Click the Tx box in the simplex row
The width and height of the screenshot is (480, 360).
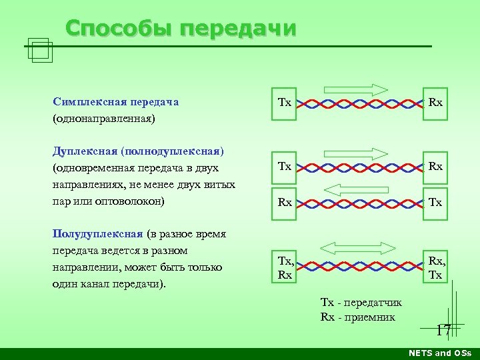284,103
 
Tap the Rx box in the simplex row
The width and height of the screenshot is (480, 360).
435,103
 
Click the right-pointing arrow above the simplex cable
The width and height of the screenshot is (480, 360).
356,89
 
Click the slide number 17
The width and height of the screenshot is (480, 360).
443,330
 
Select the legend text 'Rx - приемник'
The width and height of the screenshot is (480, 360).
357,317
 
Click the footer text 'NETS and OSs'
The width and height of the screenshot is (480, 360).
440,353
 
